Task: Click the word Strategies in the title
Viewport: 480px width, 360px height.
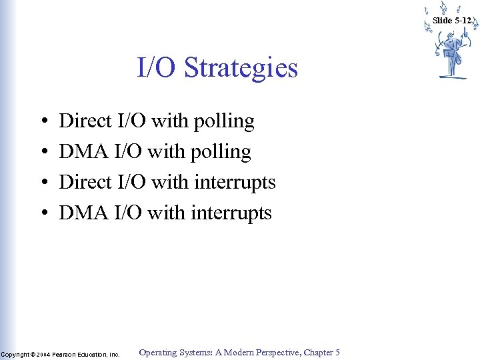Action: pyautogui.click(x=241, y=68)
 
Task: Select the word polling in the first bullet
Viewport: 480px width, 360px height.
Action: pyautogui.click(x=223, y=122)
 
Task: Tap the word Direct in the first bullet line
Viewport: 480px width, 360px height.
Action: pyautogui.click(x=85, y=121)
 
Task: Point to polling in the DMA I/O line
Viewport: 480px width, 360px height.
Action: pyautogui.click(x=220, y=153)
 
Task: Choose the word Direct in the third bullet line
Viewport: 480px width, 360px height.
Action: pyautogui.click(x=85, y=182)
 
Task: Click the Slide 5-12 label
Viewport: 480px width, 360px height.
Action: pyautogui.click(x=451, y=21)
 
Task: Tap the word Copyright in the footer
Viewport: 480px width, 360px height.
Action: pyautogui.click(x=14, y=354)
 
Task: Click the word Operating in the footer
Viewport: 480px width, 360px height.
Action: pyautogui.click(x=158, y=353)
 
